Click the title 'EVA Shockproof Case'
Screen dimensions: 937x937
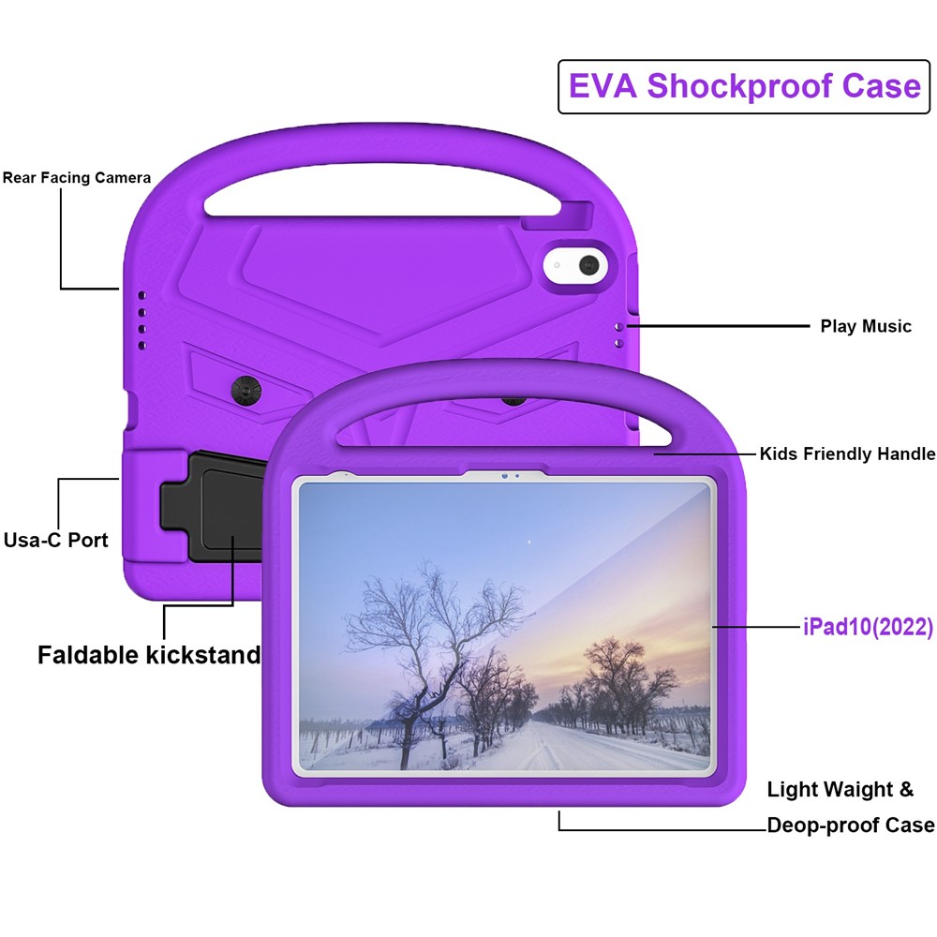745,86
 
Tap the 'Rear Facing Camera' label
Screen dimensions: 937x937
76,177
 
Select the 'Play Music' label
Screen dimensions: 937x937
865,326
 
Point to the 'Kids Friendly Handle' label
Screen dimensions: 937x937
847,454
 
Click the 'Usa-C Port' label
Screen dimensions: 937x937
56,540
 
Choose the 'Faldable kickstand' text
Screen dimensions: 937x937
149,655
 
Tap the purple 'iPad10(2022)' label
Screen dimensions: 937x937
868,627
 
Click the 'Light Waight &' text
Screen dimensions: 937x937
840,789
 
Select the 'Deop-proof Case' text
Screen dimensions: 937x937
850,825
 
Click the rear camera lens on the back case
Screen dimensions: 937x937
589,264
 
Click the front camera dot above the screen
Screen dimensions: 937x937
504,476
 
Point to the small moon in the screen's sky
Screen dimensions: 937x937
529,541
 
